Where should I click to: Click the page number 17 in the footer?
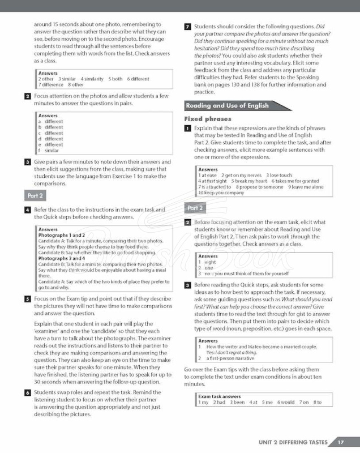tap(340, 442)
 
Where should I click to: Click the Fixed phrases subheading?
tap(208, 119)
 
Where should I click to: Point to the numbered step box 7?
tap(188, 27)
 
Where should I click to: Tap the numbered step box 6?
tap(28, 393)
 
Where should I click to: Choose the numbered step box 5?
tap(28, 298)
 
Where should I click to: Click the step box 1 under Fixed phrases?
tap(188, 129)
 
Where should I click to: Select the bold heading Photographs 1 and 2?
tap(62, 235)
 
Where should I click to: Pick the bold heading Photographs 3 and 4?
tap(62, 258)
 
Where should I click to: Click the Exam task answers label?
tap(220, 396)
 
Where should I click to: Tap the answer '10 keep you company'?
tap(221, 193)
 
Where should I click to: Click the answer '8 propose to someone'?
tap(259, 187)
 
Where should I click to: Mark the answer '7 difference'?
tap(51, 85)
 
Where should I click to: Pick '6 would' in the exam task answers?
tap(286, 403)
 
